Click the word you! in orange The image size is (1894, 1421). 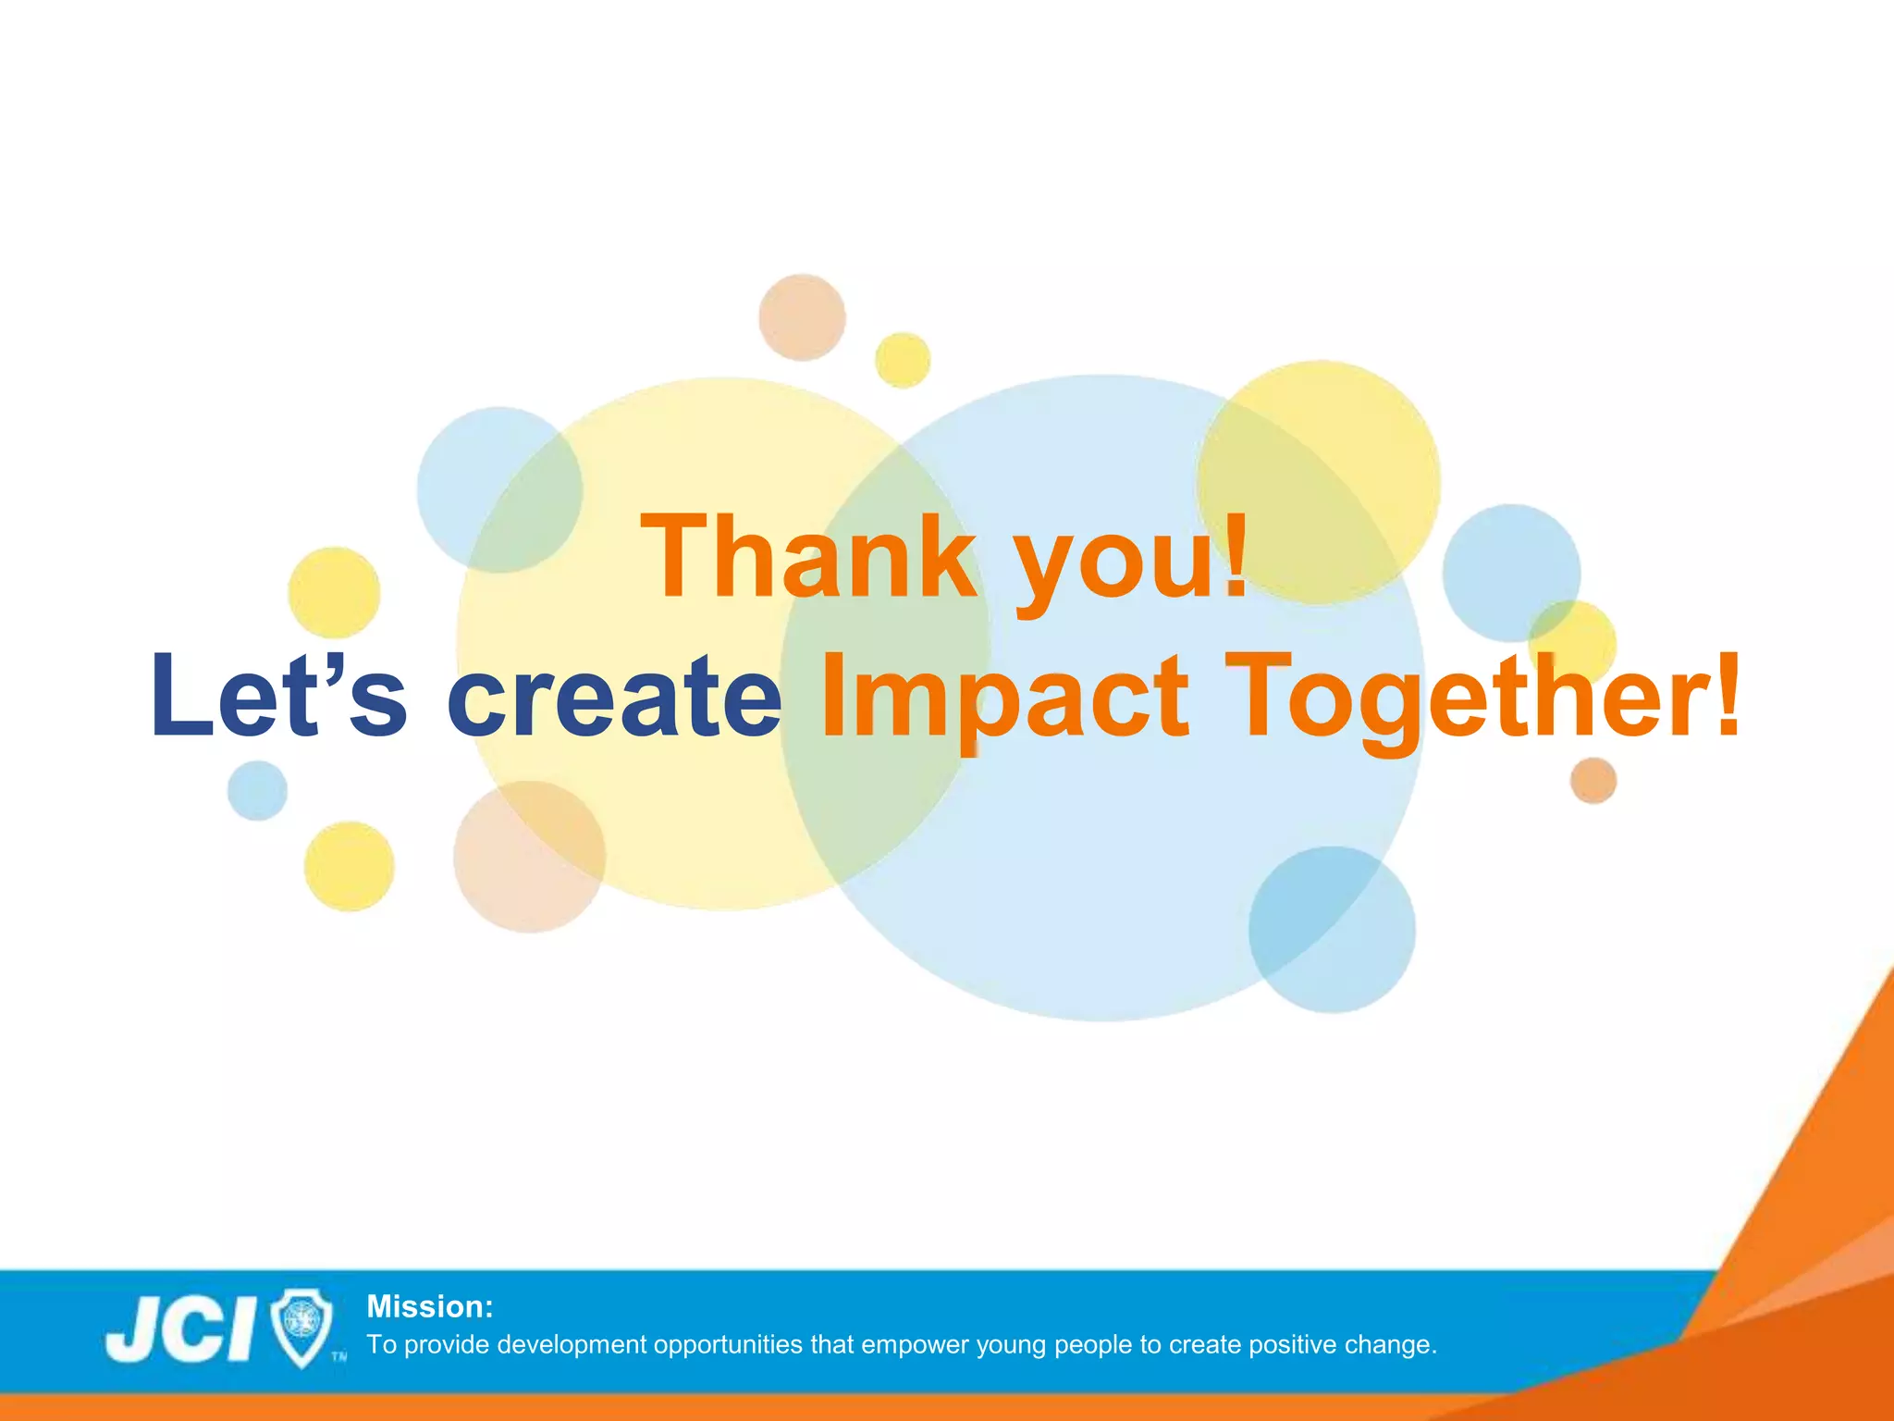point(1133,560)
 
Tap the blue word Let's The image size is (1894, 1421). point(277,696)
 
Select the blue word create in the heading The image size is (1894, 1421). point(614,696)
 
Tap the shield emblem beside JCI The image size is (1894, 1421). point(303,1328)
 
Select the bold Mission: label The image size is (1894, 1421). point(430,1306)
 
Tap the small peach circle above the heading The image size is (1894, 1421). point(802,317)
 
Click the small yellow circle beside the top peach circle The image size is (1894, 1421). point(903,360)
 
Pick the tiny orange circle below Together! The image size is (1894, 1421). point(1593,780)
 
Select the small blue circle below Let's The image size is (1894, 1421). point(257,790)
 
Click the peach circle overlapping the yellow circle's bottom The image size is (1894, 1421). point(529,857)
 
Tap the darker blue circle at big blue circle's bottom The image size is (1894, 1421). point(1332,929)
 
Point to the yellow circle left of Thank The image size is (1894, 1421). point(334,592)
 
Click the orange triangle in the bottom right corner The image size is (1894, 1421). point(1813,1203)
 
